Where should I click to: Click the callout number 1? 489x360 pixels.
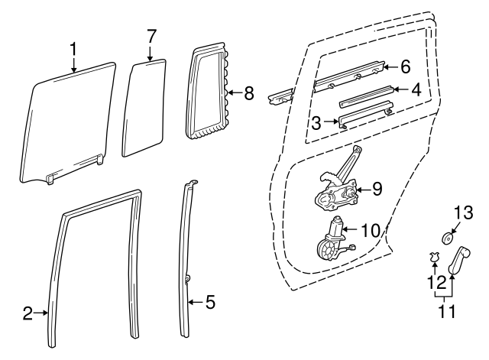click(73, 50)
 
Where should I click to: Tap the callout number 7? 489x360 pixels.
click(151, 36)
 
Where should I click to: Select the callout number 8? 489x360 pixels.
click(248, 94)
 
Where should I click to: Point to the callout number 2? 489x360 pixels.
click(28, 312)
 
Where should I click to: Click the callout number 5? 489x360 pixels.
click(210, 303)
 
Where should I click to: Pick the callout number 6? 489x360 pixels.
click(406, 66)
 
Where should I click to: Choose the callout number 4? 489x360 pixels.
click(416, 89)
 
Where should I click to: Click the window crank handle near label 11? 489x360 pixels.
click(461, 259)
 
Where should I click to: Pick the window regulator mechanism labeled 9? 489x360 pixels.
click(336, 191)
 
